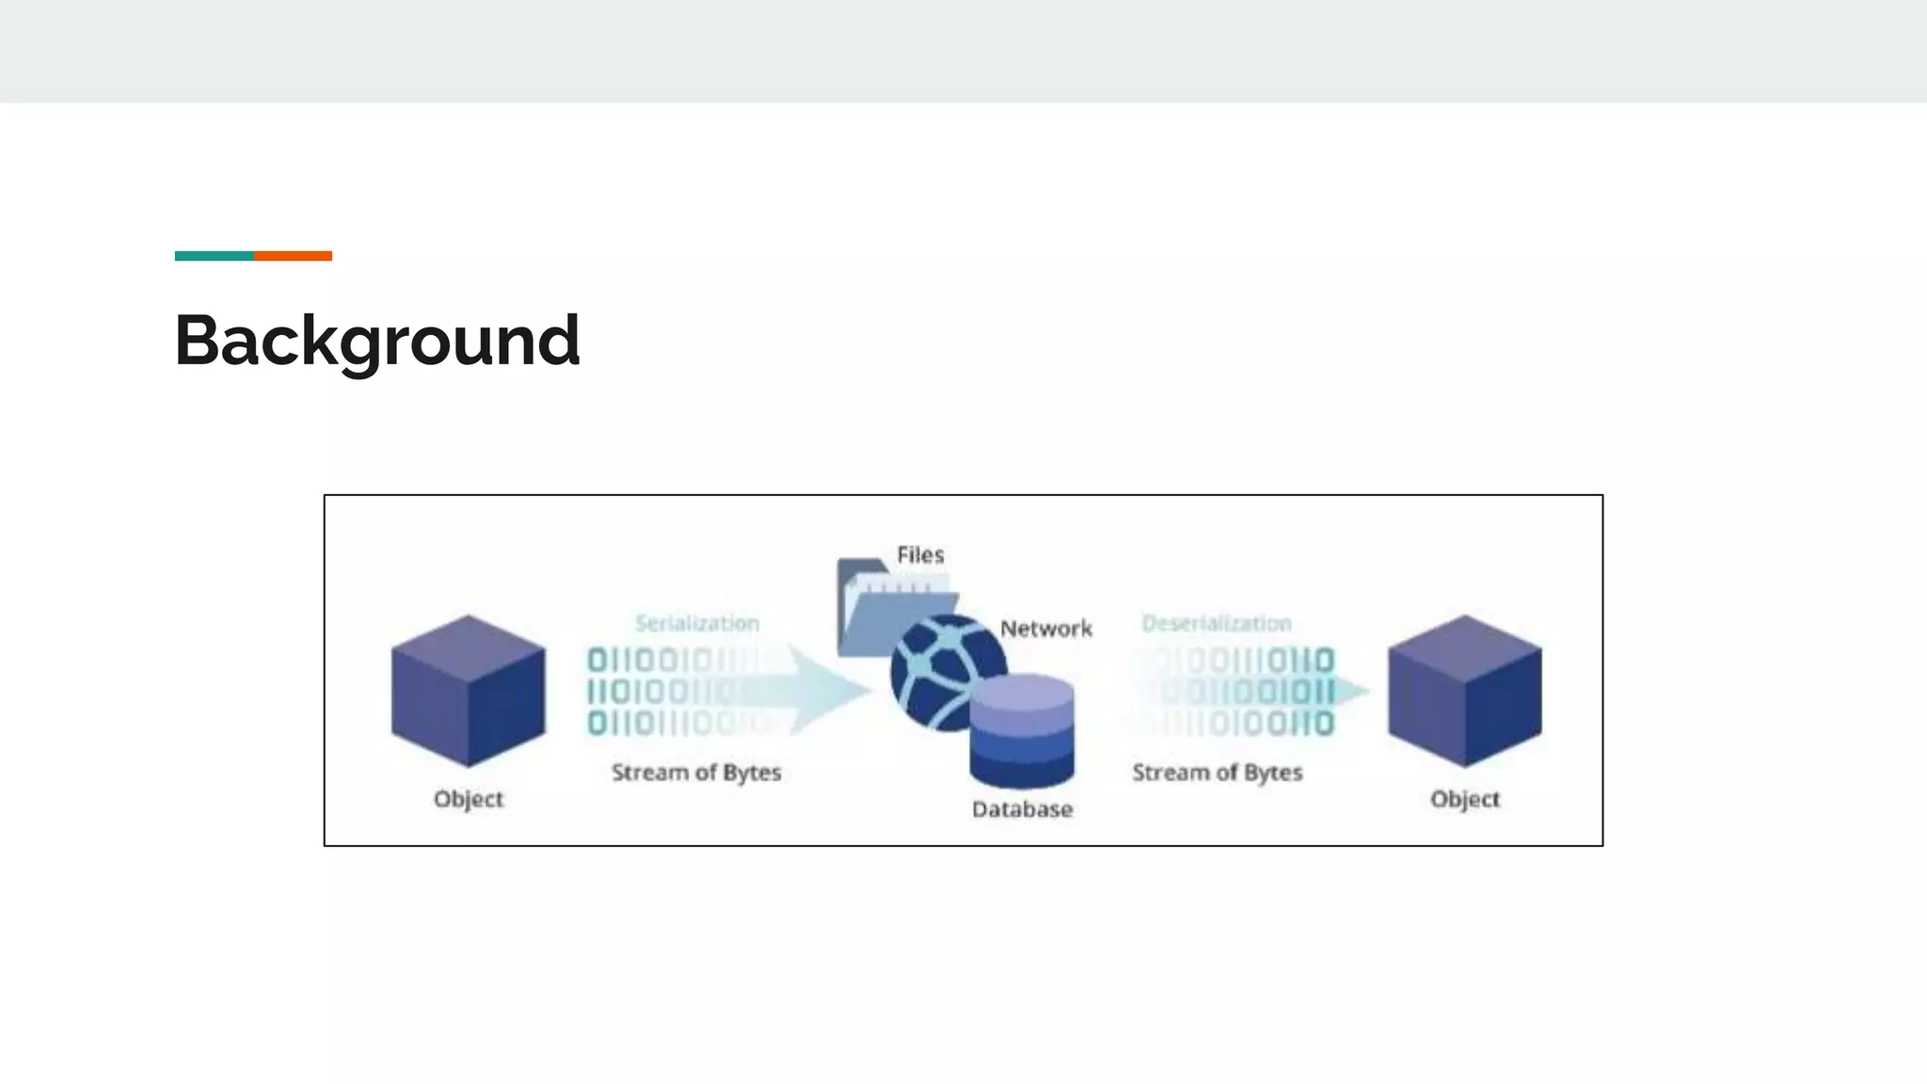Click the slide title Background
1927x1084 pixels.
pos(376,341)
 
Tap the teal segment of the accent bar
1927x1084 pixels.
pos(215,256)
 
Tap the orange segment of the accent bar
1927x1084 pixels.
pos(293,256)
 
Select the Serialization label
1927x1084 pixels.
pos(697,623)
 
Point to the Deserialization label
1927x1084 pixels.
pos(1217,623)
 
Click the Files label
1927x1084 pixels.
pos(920,555)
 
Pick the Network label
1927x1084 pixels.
pos(1045,629)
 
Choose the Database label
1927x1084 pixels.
pos(1022,809)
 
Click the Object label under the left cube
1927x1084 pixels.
pos(469,799)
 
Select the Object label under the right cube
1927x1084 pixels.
pos(1465,799)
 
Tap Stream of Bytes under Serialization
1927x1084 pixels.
pos(696,773)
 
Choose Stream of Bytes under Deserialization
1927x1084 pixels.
pos(1218,773)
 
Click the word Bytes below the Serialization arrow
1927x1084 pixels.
pos(751,773)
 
